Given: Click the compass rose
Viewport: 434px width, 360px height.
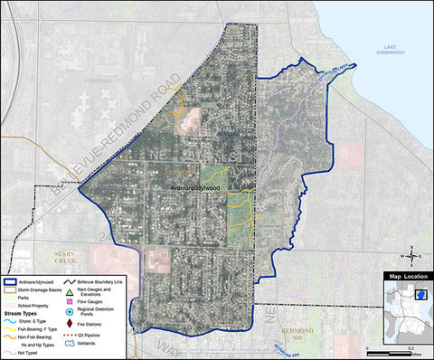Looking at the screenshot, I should click(x=411, y=252).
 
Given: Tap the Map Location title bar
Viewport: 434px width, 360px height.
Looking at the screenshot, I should click(x=407, y=276).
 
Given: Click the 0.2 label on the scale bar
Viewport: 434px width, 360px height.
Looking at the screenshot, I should click(x=411, y=347).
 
